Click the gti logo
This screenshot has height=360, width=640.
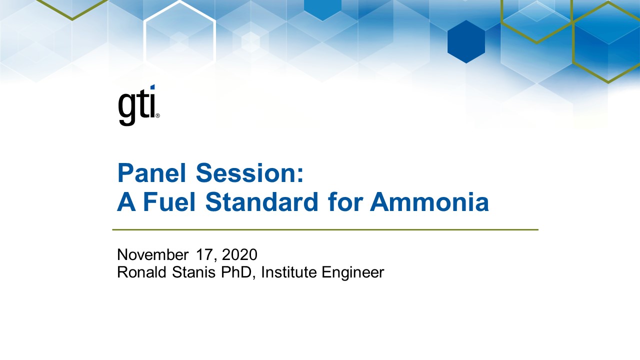(x=138, y=105)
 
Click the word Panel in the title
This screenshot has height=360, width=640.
(x=151, y=173)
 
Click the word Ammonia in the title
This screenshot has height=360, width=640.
(x=429, y=202)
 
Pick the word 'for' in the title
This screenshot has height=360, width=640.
(x=344, y=202)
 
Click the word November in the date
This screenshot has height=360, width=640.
(x=152, y=255)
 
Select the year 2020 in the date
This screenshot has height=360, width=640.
(x=239, y=255)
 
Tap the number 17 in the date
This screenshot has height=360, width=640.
(x=205, y=255)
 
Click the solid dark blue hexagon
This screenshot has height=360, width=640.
(x=466, y=42)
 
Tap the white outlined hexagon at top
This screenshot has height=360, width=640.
(x=179, y=35)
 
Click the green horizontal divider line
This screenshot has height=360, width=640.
(x=325, y=230)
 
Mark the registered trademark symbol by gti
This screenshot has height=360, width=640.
(x=157, y=115)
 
